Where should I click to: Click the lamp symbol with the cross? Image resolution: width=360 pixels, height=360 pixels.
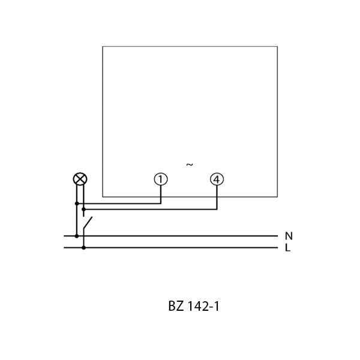[78, 179]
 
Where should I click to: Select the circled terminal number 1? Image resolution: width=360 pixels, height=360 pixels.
[160, 179]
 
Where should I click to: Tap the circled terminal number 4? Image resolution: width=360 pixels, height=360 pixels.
[217, 179]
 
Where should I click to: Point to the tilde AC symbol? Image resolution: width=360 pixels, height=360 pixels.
[189, 164]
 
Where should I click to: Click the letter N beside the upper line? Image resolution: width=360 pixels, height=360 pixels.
[288, 236]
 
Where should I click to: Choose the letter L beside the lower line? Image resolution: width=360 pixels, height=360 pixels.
[287, 247]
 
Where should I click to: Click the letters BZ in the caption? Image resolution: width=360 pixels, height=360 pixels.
[175, 307]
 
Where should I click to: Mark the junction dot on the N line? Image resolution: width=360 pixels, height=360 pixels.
[76, 236]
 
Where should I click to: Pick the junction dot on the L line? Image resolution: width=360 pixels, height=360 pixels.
[83, 247]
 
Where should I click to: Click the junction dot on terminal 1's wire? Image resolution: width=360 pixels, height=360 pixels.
[76, 204]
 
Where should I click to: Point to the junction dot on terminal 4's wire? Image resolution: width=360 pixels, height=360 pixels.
[83, 209]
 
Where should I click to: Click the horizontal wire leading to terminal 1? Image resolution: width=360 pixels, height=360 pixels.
[120, 204]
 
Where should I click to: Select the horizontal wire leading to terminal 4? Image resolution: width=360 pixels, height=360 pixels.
[150, 209]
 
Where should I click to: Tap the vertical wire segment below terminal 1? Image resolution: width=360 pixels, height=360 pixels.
[160, 195]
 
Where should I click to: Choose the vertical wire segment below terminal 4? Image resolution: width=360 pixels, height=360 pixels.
[217, 198]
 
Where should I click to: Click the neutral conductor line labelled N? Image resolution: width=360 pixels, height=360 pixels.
[180, 236]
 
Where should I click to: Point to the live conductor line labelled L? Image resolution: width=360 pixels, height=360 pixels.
[180, 247]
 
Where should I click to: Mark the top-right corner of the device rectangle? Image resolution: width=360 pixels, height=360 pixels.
[277, 46]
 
